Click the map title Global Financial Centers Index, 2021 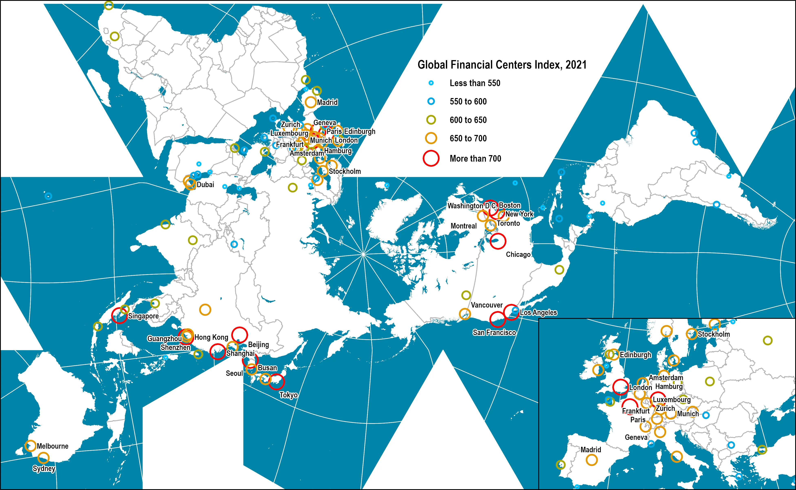click(x=502, y=65)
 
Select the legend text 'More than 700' click(x=475, y=158)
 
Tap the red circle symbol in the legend click(x=431, y=158)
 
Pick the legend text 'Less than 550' click(x=475, y=83)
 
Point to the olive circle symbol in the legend click(x=431, y=120)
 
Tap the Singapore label click(x=143, y=316)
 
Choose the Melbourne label click(x=53, y=446)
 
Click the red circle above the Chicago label click(x=497, y=241)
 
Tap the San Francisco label click(x=494, y=332)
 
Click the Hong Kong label click(x=211, y=337)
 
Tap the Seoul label click(x=234, y=373)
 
